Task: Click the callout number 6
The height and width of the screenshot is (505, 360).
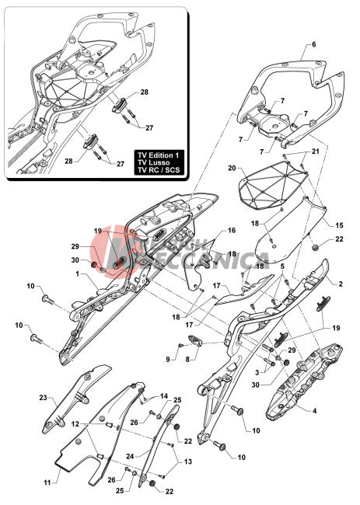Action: tap(314, 44)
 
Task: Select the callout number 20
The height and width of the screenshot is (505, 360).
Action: tap(232, 168)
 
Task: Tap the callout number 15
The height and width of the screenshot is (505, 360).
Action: tap(339, 225)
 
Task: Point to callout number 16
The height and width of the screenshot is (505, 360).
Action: tap(232, 230)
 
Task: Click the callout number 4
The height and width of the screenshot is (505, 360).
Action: tap(315, 411)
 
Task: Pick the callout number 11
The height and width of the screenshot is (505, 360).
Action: tap(47, 482)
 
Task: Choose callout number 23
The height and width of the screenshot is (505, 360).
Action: tap(44, 398)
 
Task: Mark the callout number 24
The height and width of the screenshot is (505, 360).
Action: tap(130, 456)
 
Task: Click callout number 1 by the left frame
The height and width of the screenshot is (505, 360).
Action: tap(77, 273)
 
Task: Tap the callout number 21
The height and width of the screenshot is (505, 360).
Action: tap(315, 151)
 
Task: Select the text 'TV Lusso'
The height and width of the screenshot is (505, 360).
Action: tap(153, 162)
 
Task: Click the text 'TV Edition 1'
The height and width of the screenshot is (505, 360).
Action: tap(160, 155)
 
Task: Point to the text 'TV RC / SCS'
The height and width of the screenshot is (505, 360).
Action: tap(159, 170)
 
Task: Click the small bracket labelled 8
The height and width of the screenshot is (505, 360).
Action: tap(195, 340)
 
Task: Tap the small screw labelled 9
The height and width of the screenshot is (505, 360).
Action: tap(181, 345)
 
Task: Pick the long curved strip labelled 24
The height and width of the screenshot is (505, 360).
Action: tap(159, 445)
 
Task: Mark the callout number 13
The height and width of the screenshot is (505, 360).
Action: tap(188, 461)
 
